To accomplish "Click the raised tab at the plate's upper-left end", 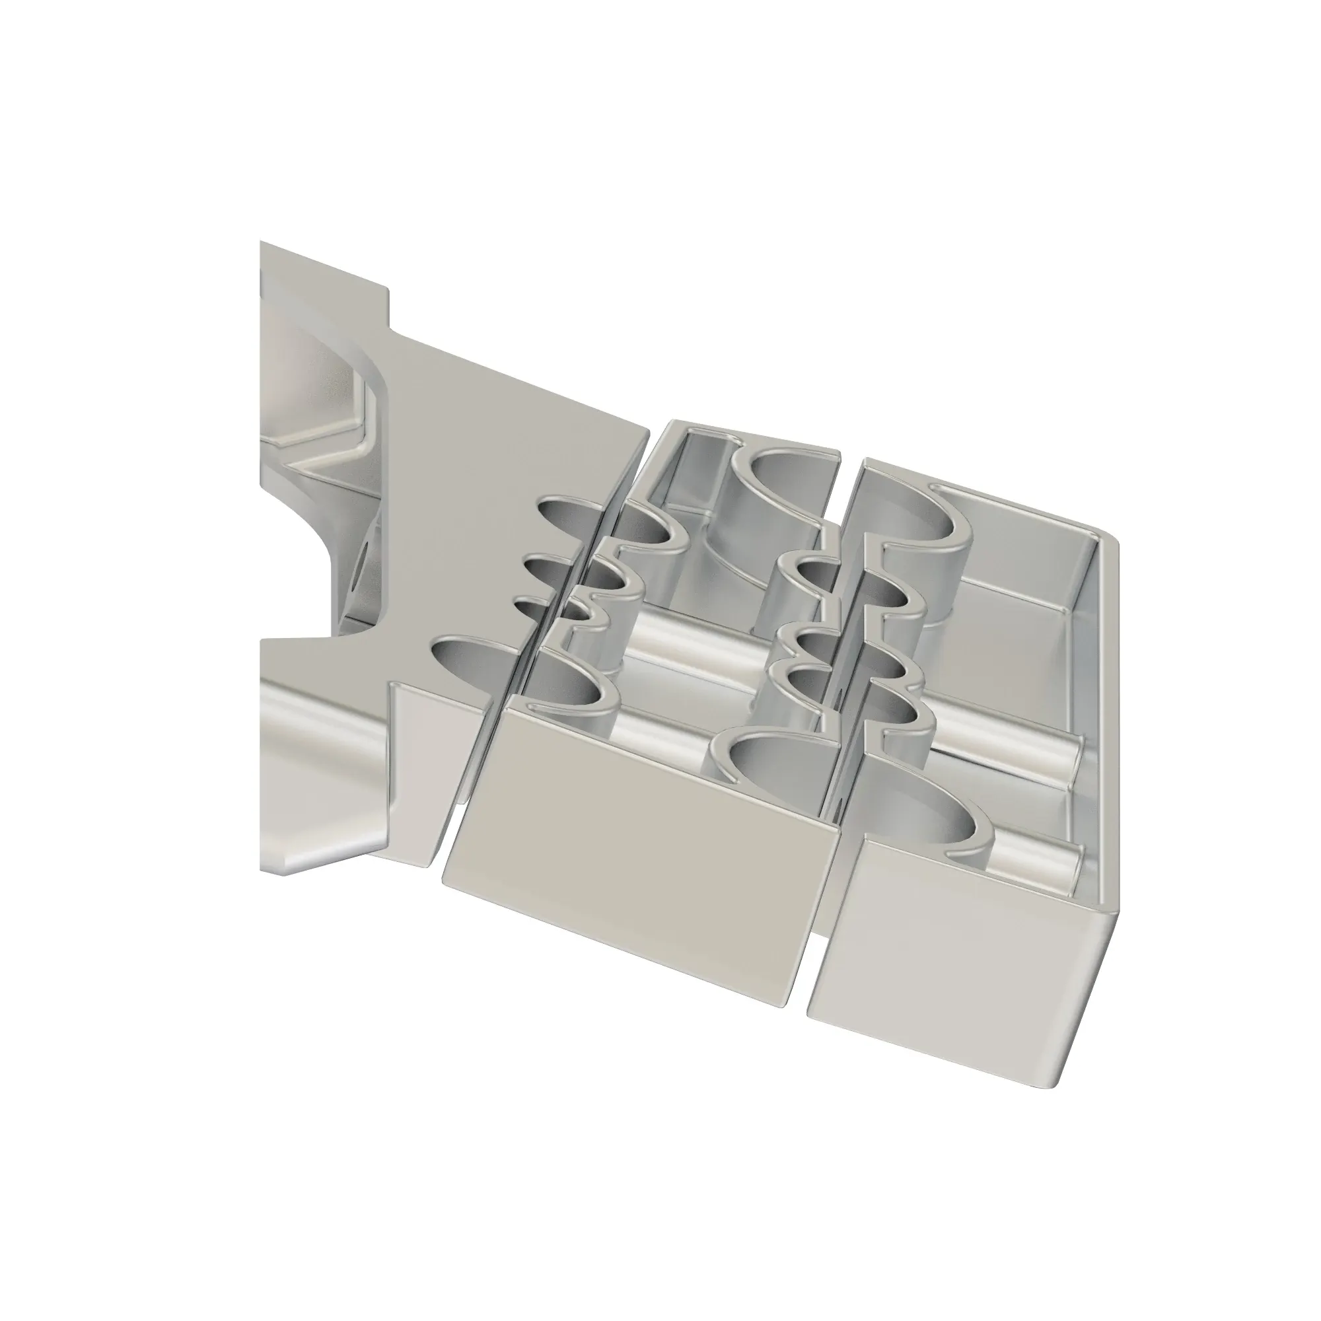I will pos(322,273).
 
